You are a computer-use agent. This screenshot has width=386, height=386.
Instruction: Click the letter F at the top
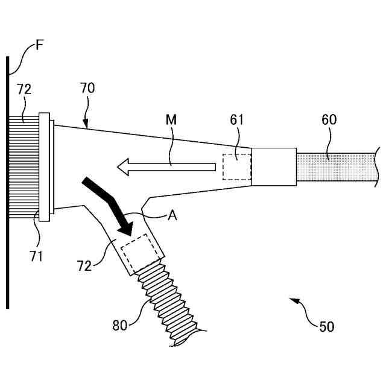point(40,45)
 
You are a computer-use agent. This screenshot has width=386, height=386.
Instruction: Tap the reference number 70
point(87,89)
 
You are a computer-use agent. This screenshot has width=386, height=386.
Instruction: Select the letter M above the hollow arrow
point(171,120)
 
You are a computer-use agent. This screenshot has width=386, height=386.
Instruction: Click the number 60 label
point(329,120)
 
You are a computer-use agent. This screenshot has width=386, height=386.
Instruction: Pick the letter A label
point(172,215)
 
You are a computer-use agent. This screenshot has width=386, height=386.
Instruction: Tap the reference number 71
point(37,256)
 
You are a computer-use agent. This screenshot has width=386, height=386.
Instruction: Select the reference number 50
point(326,326)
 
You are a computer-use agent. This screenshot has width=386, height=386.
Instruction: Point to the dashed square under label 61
point(236,166)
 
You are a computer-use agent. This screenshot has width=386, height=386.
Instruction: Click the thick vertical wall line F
point(8,181)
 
